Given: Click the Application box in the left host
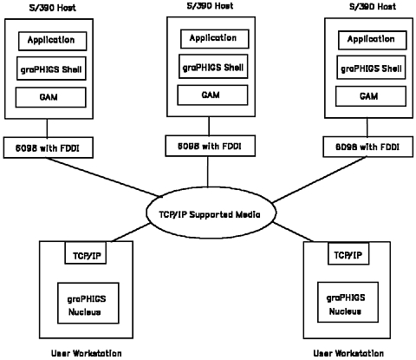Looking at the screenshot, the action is coord(52,41).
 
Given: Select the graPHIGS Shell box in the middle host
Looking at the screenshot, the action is coord(213,66).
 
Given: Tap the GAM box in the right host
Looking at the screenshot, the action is coord(371,96).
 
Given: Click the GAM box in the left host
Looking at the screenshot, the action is coord(50,97).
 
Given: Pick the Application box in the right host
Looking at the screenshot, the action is coord(373,40).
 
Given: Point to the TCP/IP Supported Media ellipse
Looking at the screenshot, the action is coord(211,213).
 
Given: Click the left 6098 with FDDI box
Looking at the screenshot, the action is coord(49,147).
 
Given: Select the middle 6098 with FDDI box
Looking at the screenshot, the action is coord(210,146).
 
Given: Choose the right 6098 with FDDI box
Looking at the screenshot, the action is coord(367,147).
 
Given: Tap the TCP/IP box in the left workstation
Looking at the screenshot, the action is coord(86,252).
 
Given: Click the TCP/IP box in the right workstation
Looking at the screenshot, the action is coord(348,253).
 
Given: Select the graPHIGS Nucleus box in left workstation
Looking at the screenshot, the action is coord(88,303).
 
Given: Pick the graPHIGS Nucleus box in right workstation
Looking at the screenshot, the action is coord(348,302).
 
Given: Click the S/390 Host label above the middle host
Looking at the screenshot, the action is coord(210,6).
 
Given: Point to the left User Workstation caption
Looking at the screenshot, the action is coord(87,353).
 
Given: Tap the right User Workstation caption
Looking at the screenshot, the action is coord(348,353).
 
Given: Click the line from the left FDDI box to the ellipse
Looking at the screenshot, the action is coord(104,177).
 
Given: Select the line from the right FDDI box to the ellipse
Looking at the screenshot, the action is coord(319,180).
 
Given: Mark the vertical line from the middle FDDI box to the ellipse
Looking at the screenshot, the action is coord(207,172).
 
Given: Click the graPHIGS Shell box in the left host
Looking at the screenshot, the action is coord(51,69).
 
